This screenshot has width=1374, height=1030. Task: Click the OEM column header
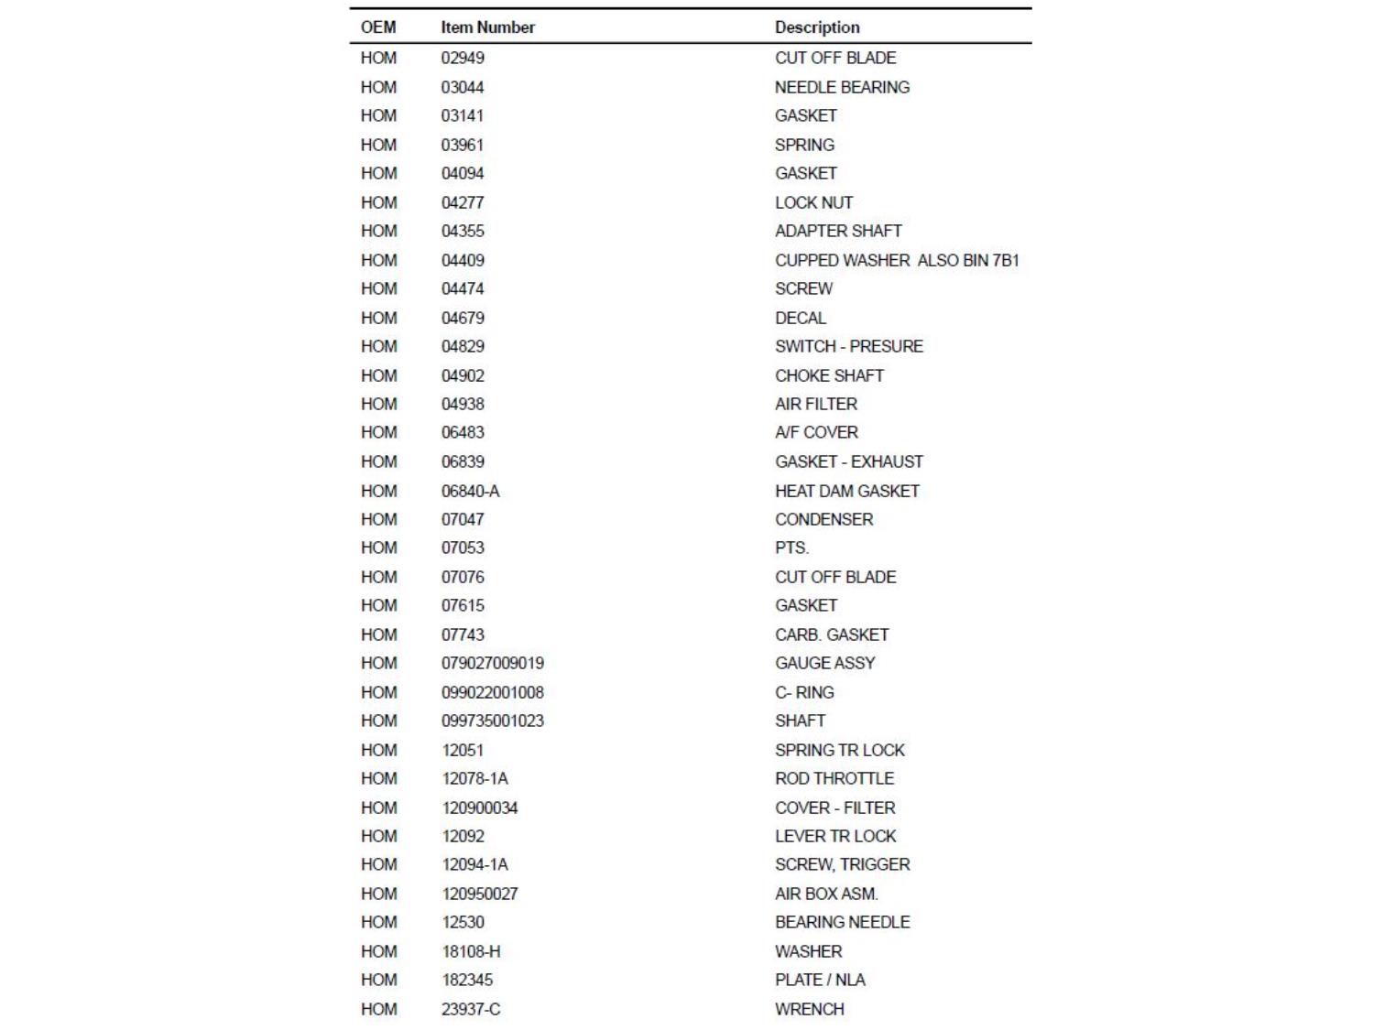pyautogui.click(x=378, y=27)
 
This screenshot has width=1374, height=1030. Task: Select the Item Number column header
pyautogui.click(x=487, y=27)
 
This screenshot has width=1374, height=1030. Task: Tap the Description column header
pyautogui.click(x=817, y=27)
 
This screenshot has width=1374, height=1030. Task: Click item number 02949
pyautogui.click(x=463, y=58)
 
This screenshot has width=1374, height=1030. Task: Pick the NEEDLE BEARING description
pyautogui.click(x=842, y=87)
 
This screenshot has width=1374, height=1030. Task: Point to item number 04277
pyautogui.click(x=463, y=202)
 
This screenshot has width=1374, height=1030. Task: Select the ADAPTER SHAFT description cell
pyautogui.click(x=838, y=231)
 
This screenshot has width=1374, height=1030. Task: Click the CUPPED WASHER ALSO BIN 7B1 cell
pyautogui.click(x=897, y=260)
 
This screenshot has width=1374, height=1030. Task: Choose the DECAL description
pyautogui.click(x=801, y=318)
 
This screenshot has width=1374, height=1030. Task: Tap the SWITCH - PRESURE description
pyautogui.click(x=848, y=346)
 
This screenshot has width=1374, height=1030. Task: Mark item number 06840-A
pyautogui.click(x=471, y=491)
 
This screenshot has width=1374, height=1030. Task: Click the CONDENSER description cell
pyautogui.click(x=823, y=519)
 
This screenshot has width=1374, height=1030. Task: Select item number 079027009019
pyautogui.click(x=493, y=663)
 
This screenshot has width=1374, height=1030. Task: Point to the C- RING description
pyautogui.click(x=804, y=692)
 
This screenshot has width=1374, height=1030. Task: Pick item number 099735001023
pyautogui.click(x=493, y=721)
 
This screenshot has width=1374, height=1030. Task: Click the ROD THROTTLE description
pyautogui.click(x=834, y=778)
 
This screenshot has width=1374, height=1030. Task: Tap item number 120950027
pyautogui.click(x=480, y=894)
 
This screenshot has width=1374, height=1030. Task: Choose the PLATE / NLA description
pyautogui.click(x=820, y=980)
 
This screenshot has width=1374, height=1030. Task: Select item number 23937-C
pyautogui.click(x=471, y=1009)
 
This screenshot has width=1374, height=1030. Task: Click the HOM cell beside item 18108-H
pyautogui.click(x=378, y=951)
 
